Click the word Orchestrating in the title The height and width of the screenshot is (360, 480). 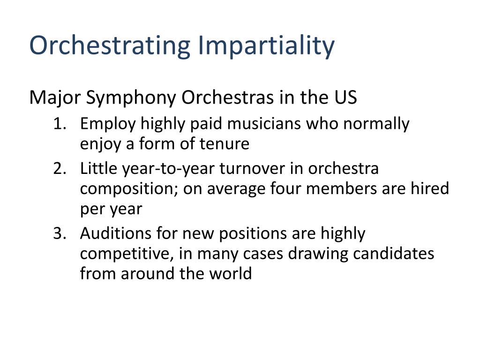110,45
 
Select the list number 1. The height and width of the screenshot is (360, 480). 60,124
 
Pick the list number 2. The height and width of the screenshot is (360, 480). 60,169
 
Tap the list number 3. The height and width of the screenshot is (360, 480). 60,233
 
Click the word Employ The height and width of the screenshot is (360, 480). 108,125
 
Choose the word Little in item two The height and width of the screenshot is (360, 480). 98,168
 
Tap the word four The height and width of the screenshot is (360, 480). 285,188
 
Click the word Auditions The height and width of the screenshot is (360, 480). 116,233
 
